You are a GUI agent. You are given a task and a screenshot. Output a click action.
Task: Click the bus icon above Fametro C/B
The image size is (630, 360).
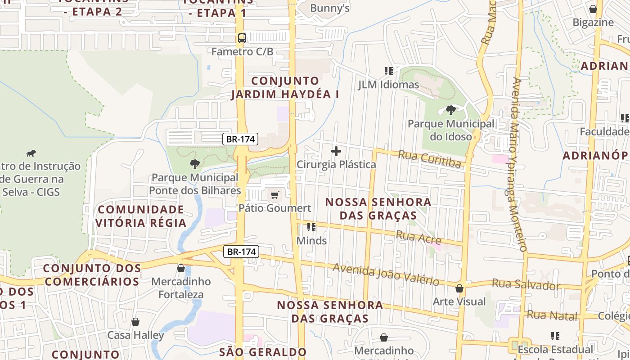242,38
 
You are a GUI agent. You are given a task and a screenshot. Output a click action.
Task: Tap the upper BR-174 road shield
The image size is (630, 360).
241,139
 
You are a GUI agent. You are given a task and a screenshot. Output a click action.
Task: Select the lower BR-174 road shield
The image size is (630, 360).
242,252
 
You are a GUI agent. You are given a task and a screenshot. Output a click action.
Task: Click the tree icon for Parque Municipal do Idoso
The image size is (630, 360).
450,110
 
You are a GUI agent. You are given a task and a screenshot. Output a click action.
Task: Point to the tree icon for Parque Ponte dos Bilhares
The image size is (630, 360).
194,164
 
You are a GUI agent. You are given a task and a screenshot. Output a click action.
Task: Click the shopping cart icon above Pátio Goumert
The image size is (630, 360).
274,195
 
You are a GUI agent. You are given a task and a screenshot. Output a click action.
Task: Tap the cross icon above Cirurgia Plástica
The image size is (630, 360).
336,151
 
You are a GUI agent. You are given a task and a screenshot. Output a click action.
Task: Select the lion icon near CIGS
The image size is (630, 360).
31,153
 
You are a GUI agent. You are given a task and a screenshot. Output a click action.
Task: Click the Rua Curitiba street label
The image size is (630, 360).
430,159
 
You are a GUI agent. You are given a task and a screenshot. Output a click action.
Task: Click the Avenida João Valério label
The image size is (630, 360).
386,274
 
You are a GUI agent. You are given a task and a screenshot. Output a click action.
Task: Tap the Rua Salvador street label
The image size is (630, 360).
526,284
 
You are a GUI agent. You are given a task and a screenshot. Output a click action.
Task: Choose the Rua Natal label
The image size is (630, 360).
552,315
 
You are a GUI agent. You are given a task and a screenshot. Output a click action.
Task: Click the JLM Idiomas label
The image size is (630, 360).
388,85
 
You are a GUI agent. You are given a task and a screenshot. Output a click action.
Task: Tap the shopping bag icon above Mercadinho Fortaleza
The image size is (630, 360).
181,268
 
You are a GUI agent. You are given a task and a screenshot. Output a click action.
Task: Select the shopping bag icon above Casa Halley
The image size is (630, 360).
135,322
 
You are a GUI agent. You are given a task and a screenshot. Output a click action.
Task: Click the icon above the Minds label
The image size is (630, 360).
311,227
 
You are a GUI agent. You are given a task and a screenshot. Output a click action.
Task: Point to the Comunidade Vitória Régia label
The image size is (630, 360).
140,216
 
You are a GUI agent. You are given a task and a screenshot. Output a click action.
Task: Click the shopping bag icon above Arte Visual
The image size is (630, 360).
459,288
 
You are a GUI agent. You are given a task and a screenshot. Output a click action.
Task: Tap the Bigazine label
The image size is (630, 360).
593,22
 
